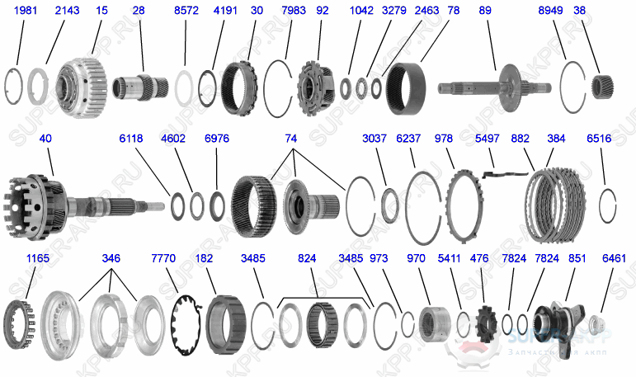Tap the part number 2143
pyautogui.click(x=67, y=12)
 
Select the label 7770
pyautogui.click(x=164, y=258)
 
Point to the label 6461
pyautogui.click(x=613, y=258)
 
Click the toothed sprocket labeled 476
pyautogui.click(x=485, y=319)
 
